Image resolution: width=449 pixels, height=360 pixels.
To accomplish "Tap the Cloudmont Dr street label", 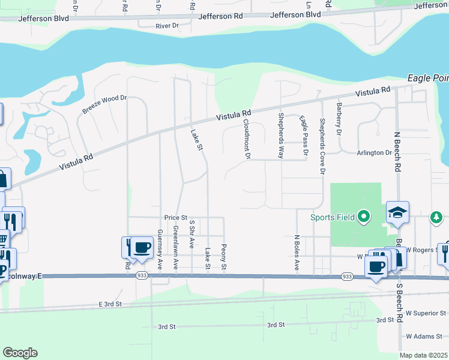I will pyautogui.click(x=246, y=139).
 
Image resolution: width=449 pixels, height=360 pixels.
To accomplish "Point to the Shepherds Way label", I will pyautogui.click(x=280, y=135).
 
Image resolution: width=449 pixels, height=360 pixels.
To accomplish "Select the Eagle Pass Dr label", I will pyautogui.click(x=304, y=136).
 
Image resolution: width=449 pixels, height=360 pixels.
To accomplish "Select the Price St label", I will pyautogui.click(x=176, y=217).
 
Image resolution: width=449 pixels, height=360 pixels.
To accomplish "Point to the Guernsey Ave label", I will pyautogui.click(x=160, y=248).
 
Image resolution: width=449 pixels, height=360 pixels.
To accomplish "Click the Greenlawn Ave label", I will pyautogui.click(x=176, y=246).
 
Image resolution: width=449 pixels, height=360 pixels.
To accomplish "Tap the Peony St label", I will pyautogui.click(x=223, y=256).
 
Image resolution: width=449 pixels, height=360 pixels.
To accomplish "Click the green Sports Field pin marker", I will pyautogui.click(x=363, y=216).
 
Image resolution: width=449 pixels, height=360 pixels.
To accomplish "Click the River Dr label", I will pyautogui.click(x=167, y=26).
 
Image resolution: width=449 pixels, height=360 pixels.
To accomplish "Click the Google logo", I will pyautogui.click(x=20, y=353).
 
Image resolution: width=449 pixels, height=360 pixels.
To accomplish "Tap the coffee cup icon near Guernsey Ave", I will pyautogui.click(x=142, y=247).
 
